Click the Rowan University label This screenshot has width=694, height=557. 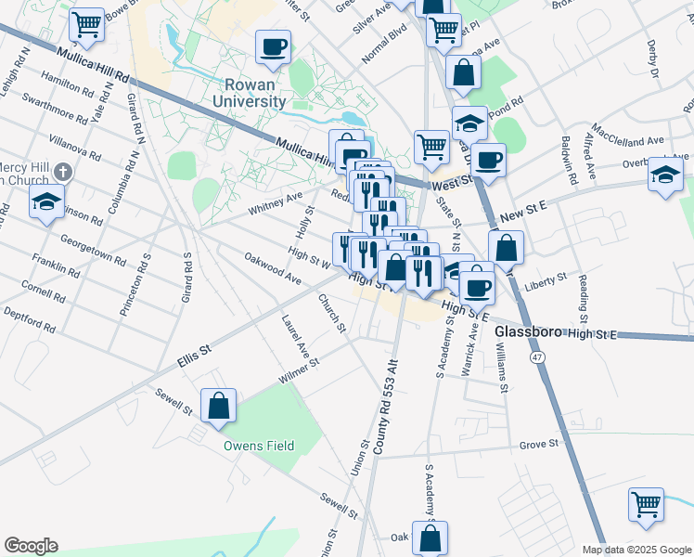[x=249, y=92]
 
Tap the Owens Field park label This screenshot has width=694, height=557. [x=259, y=446]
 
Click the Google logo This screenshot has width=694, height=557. [x=31, y=546]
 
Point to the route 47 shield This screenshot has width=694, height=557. [x=537, y=356]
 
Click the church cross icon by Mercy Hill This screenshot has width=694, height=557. [x=63, y=172]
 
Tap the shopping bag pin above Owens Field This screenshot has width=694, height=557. [x=219, y=406]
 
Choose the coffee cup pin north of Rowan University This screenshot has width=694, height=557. [x=273, y=46]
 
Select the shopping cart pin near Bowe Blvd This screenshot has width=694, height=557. [x=87, y=25]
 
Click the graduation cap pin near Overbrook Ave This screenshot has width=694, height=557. [x=666, y=175]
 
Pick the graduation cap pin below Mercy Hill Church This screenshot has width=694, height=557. [x=46, y=201]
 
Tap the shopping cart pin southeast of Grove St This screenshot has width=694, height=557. [x=646, y=505]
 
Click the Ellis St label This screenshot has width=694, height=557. [x=195, y=355]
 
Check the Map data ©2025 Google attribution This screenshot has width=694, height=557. [x=636, y=550]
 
